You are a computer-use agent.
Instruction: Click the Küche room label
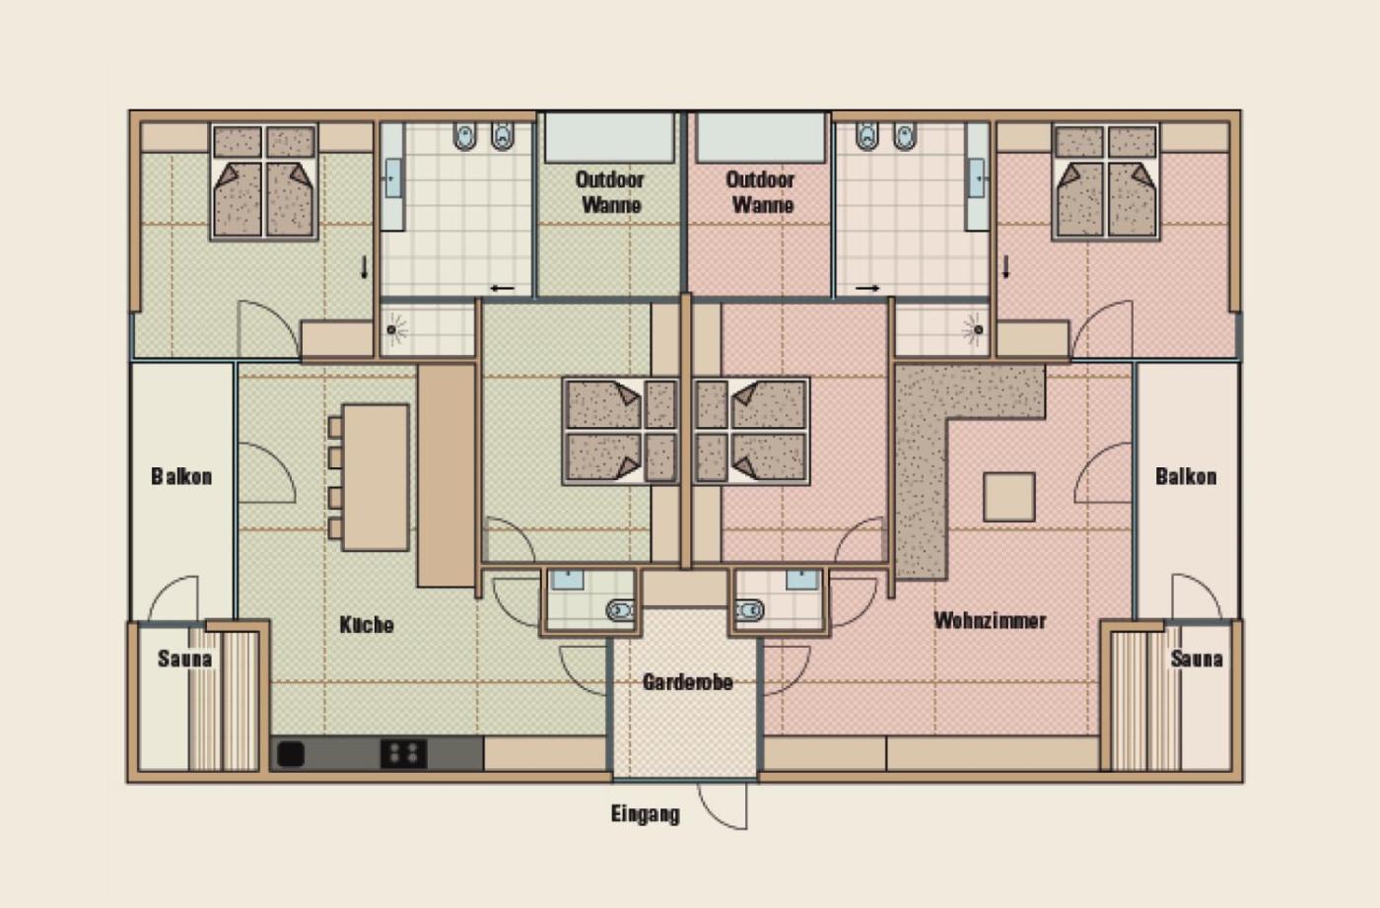367,625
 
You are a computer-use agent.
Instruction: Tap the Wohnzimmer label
990,620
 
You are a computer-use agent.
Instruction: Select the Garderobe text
688,682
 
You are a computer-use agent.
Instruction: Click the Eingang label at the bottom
646,814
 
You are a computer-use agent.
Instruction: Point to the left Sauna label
185,659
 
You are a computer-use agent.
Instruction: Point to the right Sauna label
1197,659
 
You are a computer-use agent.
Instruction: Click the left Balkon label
181,476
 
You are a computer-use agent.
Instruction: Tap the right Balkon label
1186,476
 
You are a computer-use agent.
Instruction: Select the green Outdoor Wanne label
610,192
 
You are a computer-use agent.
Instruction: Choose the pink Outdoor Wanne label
761,192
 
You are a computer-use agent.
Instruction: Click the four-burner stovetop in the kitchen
403,754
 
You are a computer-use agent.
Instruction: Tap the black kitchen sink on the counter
291,754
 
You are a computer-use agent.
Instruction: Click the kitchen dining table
376,477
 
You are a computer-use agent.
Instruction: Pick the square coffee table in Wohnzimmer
1009,497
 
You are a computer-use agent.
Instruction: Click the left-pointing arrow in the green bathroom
503,288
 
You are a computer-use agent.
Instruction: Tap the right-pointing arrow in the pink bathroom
867,288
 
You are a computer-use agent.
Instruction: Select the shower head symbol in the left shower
392,329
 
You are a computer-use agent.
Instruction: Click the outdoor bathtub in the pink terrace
760,138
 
